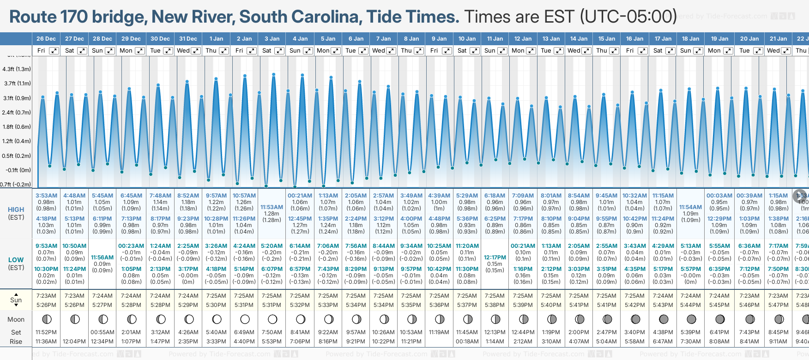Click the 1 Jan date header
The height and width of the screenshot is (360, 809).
pos(216,39)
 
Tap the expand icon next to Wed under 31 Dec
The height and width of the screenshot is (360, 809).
pos(196,51)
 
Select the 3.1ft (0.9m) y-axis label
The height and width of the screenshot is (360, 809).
pos(17,98)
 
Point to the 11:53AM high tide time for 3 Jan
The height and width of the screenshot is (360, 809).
pos(272,207)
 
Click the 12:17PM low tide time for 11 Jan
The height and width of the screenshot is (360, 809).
pos(495,258)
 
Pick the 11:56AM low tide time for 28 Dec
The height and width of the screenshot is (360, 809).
pos(102,258)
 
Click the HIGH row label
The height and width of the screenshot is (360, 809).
pos(16,210)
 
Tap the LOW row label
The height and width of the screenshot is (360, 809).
pos(16,260)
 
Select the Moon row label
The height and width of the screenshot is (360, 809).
pos(16,319)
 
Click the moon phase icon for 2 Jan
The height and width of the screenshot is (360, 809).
pos(245,319)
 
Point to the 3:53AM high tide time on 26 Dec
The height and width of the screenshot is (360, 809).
pos(46,196)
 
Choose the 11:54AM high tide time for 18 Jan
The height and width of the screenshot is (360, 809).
pos(690,207)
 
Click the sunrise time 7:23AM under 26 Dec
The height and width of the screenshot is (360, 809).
pos(46,296)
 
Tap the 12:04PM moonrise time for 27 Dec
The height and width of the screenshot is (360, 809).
pos(74,342)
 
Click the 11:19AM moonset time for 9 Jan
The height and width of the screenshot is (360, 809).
pos(439,332)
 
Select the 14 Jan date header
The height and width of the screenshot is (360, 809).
pos(579,39)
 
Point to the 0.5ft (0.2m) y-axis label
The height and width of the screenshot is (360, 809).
pos(17,156)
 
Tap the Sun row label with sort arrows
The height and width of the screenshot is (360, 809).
pos(16,300)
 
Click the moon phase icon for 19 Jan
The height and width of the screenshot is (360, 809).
pos(719,319)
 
